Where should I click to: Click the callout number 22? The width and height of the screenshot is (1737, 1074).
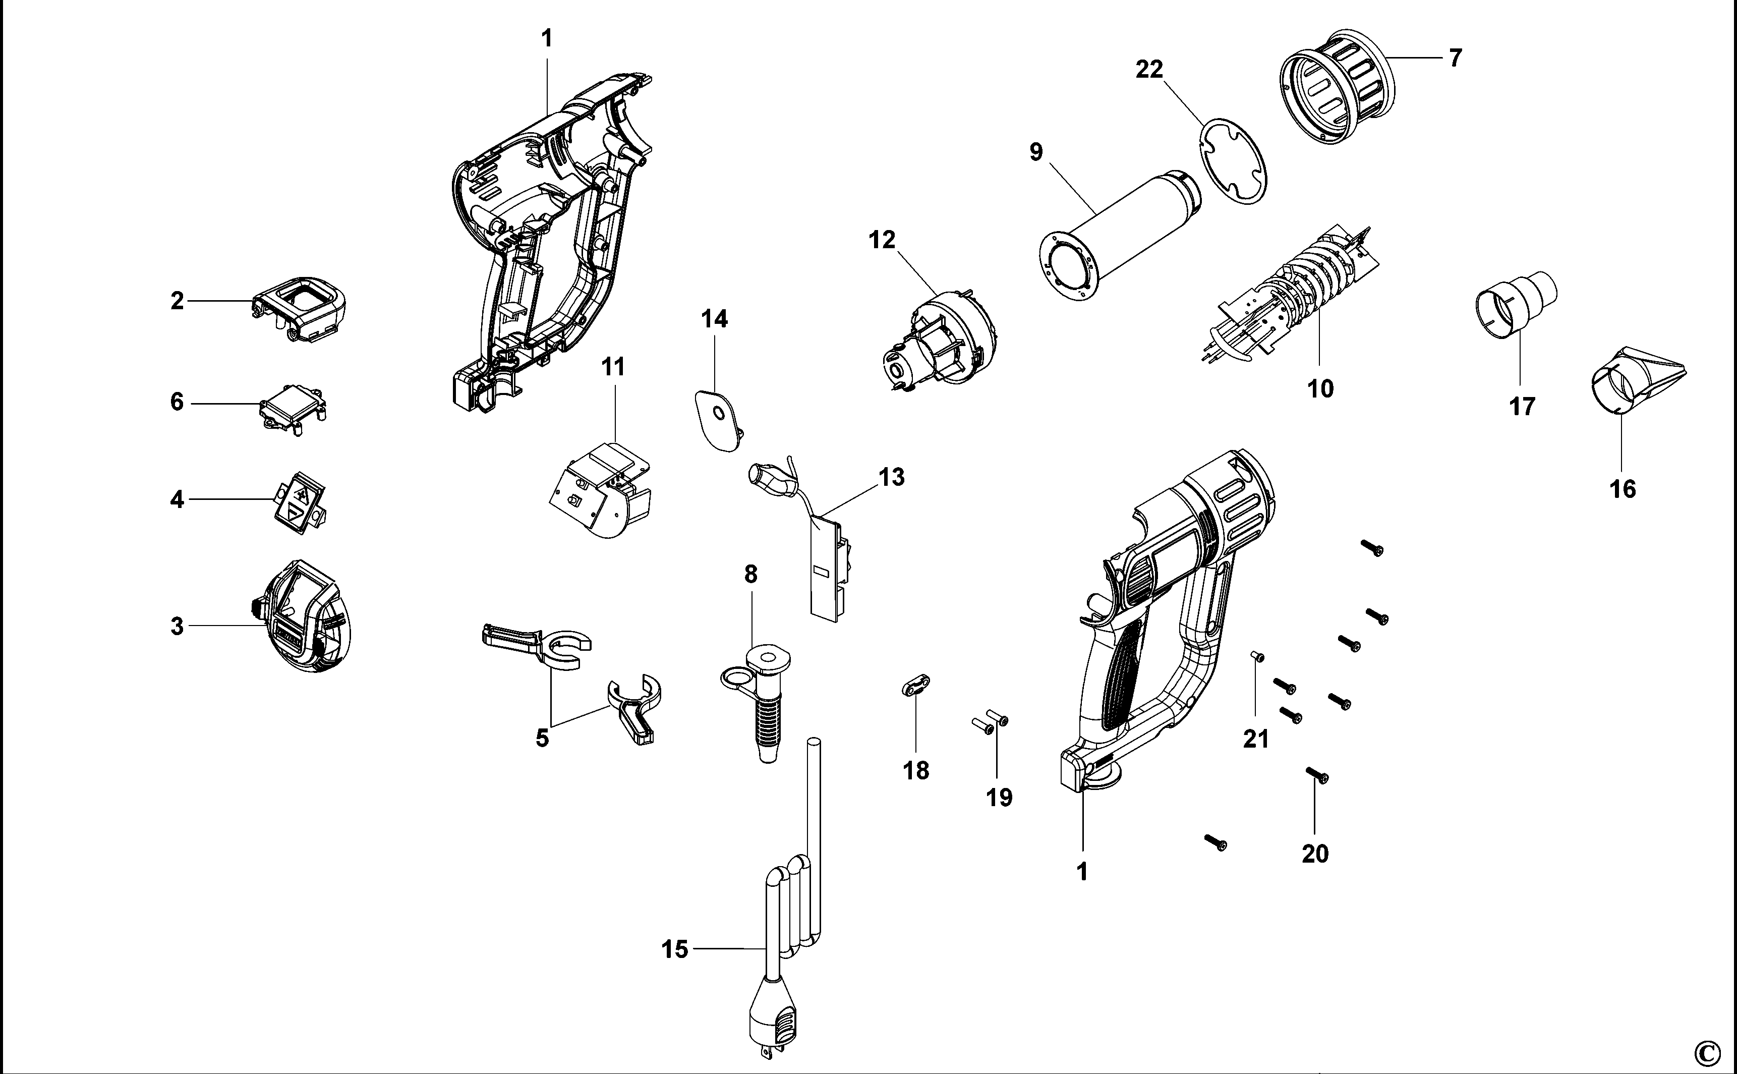click(x=1149, y=70)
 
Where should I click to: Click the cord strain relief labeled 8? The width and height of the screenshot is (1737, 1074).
click(x=761, y=700)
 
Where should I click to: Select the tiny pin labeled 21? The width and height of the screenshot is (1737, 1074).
click(x=1257, y=657)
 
